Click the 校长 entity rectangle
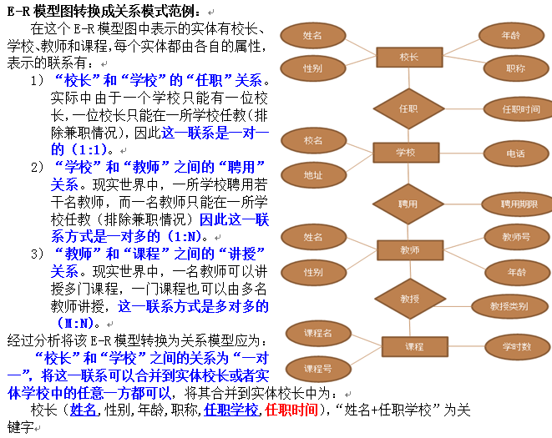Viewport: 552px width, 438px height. pyautogui.click(x=408, y=57)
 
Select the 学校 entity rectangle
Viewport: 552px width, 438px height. pyautogui.click(x=405, y=152)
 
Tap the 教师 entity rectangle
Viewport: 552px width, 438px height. pyautogui.click(x=409, y=249)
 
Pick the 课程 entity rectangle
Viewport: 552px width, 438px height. pyautogui.click(x=414, y=346)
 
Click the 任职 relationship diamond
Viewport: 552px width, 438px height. pyautogui.click(x=408, y=108)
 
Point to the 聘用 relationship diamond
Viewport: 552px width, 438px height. pyautogui.click(x=408, y=203)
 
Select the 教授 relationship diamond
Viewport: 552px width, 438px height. pyautogui.click(x=409, y=299)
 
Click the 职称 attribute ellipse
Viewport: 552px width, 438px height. pyautogui.click(x=515, y=68)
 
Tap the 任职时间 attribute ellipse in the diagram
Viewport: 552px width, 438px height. pyautogui.click(x=521, y=109)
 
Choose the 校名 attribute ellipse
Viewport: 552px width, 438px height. pyautogui.click(x=313, y=140)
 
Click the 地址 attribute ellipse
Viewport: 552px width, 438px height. pyautogui.click(x=313, y=174)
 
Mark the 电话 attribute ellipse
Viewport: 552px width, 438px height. pyautogui.click(x=515, y=154)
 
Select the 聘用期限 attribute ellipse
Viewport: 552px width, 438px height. pyautogui.click(x=519, y=204)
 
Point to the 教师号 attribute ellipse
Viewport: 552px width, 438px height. pyautogui.click(x=516, y=238)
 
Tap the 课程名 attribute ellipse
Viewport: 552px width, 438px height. pyautogui.click(x=317, y=334)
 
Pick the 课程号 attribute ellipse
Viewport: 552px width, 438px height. pyautogui.click(x=317, y=368)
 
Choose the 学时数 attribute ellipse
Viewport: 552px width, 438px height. pyautogui.click(x=515, y=346)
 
